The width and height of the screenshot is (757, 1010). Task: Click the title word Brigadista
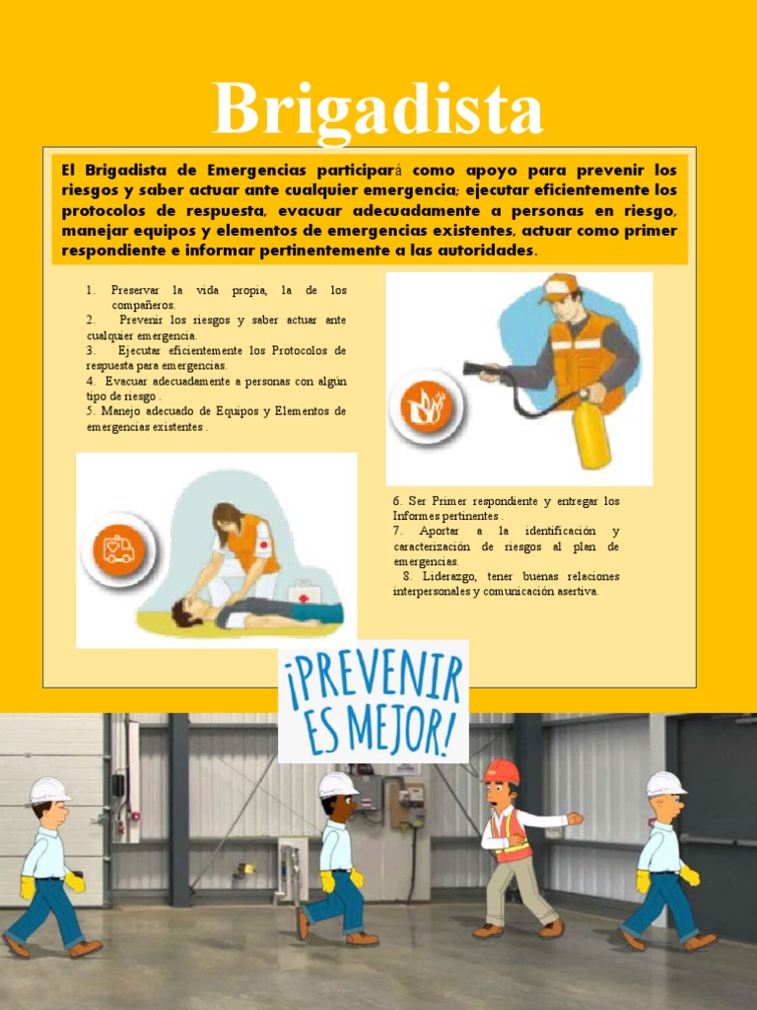click(x=378, y=110)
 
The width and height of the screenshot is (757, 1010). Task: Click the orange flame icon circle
click(x=426, y=406)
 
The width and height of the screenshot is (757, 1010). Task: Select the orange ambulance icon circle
click(x=118, y=548)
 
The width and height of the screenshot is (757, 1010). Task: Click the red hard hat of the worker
click(x=502, y=770)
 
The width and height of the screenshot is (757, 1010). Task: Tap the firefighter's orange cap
click(x=559, y=285)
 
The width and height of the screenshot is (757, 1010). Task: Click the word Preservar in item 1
click(x=134, y=290)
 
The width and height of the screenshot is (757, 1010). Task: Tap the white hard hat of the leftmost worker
click(x=49, y=789)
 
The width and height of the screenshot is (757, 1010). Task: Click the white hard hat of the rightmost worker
click(x=666, y=783)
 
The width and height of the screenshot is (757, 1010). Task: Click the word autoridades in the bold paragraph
click(x=483, y=251)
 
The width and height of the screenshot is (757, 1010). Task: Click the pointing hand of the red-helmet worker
click(x=576, y=818)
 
